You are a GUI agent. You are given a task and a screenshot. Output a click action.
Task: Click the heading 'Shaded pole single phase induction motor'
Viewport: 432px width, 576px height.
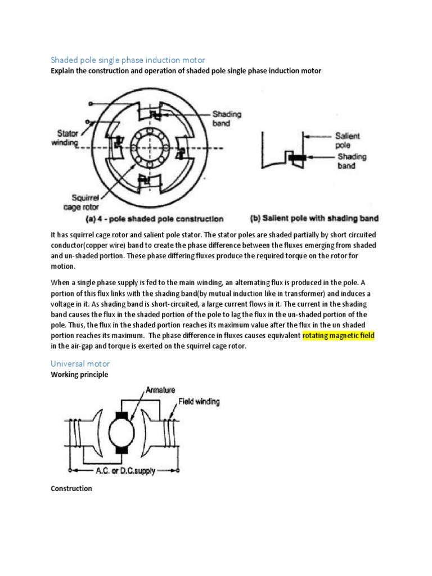pyautogui.click(x=128, y=60)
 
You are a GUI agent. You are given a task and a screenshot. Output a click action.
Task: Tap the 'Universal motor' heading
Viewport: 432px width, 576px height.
pyautogui.click(x=80, y=363)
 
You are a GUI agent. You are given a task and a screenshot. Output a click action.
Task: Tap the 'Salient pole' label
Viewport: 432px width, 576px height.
pyautogui.click(x=348, y=140)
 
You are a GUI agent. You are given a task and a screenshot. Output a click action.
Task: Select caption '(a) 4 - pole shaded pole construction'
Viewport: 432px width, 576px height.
pyautogui.click(x=154, y=219)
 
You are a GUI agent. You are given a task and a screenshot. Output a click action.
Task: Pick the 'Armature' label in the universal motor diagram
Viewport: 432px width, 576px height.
pyautogui.click(x=161, y=389)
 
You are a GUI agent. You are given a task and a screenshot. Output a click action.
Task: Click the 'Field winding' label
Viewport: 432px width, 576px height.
pyautogui.click(x=199, y=402)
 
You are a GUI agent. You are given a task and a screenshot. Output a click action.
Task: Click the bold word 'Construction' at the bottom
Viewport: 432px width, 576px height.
pyautogui.click(x=71, y=488)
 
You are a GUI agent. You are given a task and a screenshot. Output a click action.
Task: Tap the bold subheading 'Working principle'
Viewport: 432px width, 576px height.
pyautogui.click(x=79, y=374)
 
